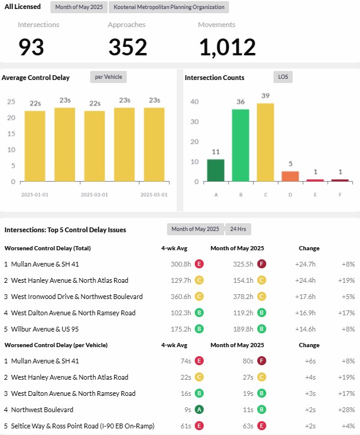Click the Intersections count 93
[x=31, y=47]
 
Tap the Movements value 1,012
[x=227, y=47]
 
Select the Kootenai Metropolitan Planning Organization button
[x=169, y=7]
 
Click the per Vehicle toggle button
[x=108, y=77]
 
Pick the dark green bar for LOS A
[x=216, y=170]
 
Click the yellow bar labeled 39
[x=266, y=143]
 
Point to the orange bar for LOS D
[x=290, y=176]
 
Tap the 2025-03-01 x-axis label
[x=94, y=195]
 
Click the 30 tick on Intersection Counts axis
[x=195, y=122]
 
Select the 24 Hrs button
[x=238, y=229]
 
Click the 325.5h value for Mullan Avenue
[x=243, y=264]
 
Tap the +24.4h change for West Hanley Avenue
[x=305, y=280]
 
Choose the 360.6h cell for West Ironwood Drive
[x=181, y=297]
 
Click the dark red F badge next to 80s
[x=261, y=361]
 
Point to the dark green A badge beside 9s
[x=199, y=410]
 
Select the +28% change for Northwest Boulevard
[x=346, y=410]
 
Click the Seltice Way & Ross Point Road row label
[x=82, y=426]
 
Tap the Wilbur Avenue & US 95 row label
[x=45, y=329]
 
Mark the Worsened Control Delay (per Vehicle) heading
[x=56, y=345]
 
